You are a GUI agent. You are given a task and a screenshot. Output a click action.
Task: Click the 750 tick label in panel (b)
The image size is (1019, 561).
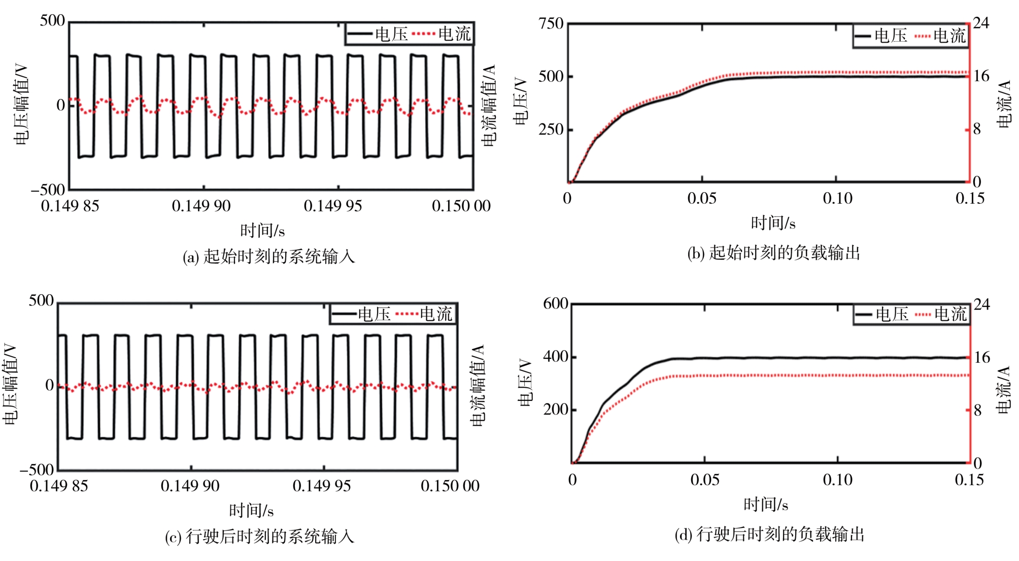[x=551, y=24]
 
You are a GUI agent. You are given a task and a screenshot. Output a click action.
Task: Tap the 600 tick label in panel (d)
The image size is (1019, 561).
[x=555, y=304]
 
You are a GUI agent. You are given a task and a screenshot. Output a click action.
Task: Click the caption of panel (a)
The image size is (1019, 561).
[x=268, y=257]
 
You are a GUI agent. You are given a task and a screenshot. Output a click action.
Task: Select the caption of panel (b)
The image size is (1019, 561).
[x=773, y=253]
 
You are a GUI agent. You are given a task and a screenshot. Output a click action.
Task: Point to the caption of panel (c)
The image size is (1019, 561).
[x=259, y=537]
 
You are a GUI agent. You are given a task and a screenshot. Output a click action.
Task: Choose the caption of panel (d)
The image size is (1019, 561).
[x=769, y=535]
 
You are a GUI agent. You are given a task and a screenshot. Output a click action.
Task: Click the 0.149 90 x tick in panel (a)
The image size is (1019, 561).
[x=201, y=206]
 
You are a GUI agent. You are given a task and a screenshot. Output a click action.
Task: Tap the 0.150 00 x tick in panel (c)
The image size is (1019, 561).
[x=450, y=486]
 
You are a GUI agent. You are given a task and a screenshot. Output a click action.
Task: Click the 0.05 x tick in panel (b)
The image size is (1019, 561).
[x=702, y=198]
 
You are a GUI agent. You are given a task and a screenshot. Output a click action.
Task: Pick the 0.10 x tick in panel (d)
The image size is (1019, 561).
[x=837, y=480]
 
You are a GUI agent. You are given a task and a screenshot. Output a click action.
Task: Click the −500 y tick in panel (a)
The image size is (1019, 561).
[x=48, y=190]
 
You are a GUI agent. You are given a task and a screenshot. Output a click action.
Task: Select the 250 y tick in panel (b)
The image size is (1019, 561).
[x=551, y=130]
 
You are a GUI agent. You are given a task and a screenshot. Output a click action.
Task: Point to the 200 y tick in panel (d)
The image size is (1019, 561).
[x=555, y=410]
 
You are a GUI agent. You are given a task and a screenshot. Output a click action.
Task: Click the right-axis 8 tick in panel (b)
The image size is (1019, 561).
[x=977, y=130]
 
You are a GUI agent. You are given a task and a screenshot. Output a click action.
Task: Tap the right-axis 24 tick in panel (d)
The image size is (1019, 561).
[x=981, y=304]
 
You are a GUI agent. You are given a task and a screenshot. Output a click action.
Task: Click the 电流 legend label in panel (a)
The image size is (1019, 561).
[x=454, y=34]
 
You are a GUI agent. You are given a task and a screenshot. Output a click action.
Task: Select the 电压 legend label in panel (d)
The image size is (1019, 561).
[x=892, y=314]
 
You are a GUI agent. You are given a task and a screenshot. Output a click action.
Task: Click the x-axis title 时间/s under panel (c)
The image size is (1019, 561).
[x=251, y=510]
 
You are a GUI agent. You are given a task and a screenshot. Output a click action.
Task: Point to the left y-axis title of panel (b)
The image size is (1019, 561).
[x=521, y=102]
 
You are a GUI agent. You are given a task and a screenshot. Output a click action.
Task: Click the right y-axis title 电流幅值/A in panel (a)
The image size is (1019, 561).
[x=489, y=105]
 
